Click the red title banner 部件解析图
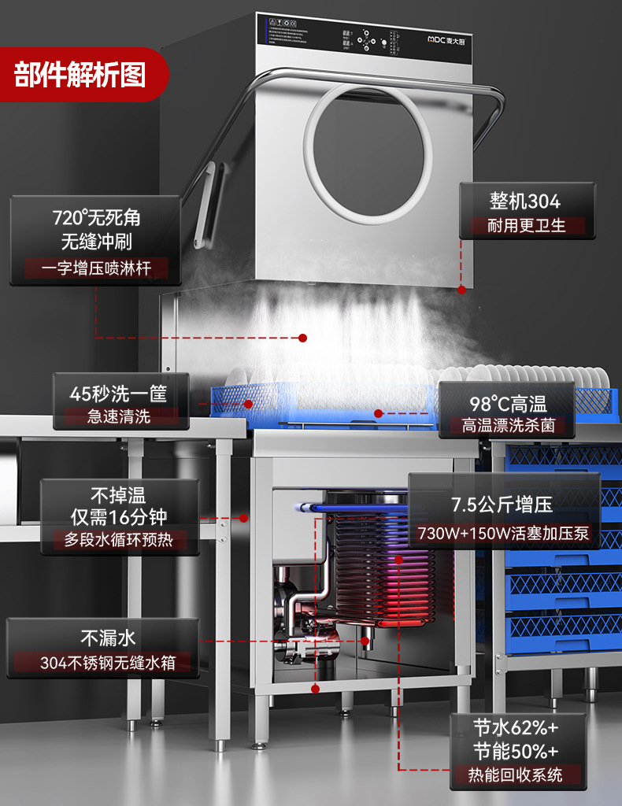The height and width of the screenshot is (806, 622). click(x=80, y=76)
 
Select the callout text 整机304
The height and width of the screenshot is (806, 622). click(x=525, y=201)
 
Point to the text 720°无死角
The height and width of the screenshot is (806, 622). click(x=96, y=217)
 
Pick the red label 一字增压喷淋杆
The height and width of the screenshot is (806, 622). click(x=96, y=268)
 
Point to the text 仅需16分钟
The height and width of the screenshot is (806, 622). click(x=119, y=517)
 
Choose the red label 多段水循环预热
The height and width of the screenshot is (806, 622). click(x=119, y=541)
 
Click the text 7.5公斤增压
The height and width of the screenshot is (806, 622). click(x=502, y=505)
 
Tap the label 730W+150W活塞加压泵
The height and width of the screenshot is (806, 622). click(x=503, y=534)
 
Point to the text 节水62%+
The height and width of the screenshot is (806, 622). click(x=517, y=727)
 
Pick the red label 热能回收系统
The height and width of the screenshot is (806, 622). click(x=517, y=775)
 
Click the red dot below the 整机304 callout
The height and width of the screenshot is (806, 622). click(x=461, y=289)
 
